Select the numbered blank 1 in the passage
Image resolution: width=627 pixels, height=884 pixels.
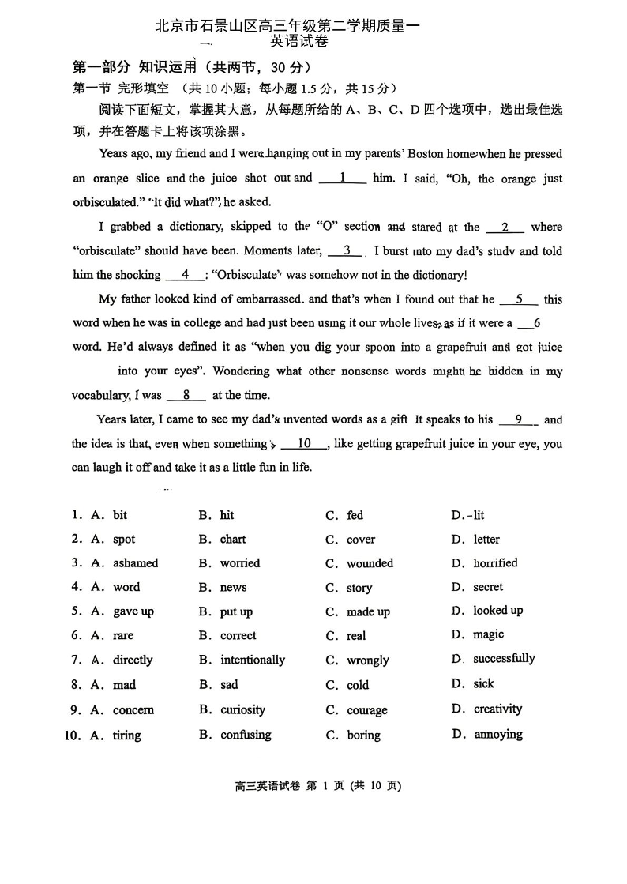click(343, 179)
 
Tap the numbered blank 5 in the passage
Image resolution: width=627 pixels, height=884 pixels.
click(519, 299)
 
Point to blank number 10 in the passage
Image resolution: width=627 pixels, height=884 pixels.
click(304, 444)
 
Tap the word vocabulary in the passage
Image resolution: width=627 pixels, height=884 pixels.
click(100, 396)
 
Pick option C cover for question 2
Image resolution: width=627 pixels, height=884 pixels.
click(361, 540)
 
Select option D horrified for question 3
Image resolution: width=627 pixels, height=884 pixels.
click(495, 563)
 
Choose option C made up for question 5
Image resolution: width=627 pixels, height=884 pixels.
click(368, 612)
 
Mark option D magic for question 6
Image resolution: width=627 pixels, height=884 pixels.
click(488, 634)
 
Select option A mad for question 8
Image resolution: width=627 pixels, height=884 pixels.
click(124, 685)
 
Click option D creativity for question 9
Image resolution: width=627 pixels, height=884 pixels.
click(497, 709)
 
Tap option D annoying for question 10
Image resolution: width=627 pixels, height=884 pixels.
click(498, 735)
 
